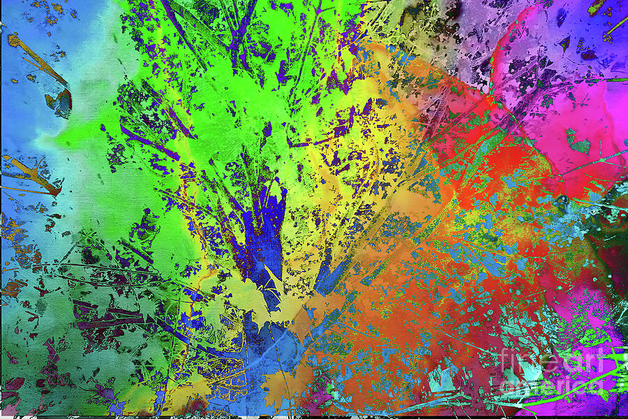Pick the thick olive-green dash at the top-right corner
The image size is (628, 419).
click(x=597, y=6)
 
